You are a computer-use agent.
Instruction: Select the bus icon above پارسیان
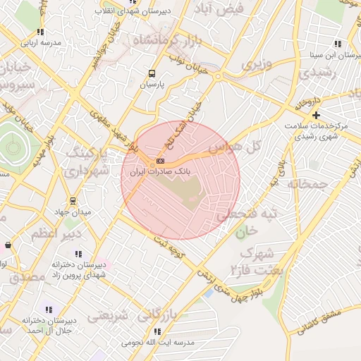[x=152, y=73]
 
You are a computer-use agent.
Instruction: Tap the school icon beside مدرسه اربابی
[x=40, y=32]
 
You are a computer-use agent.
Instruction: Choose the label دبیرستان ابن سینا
[x=331, y=54]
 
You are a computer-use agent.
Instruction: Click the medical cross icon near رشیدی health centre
[x=316, y=114]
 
